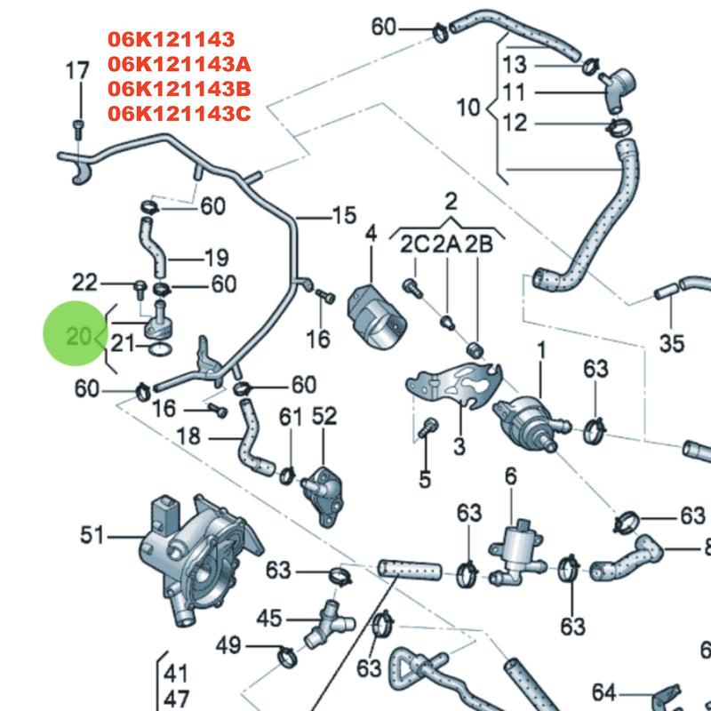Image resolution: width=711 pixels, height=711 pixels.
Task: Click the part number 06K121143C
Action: click(x=180, y=114)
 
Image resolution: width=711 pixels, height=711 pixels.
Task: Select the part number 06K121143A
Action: click(x=180, y=64)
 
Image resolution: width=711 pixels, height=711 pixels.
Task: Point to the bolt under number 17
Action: click(x=76, y=126)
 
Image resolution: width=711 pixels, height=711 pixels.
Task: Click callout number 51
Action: click(x=92, y=535)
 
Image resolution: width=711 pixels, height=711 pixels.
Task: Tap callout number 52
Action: click(x=324, y=415)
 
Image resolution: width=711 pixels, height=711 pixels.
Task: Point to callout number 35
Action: click(x=673, y=343)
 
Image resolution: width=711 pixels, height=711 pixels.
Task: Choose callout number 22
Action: click(x=84, y=283)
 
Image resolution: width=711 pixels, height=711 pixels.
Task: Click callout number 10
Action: click(x=467, y=108)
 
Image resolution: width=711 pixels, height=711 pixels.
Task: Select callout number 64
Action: click(x=604, y=692)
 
